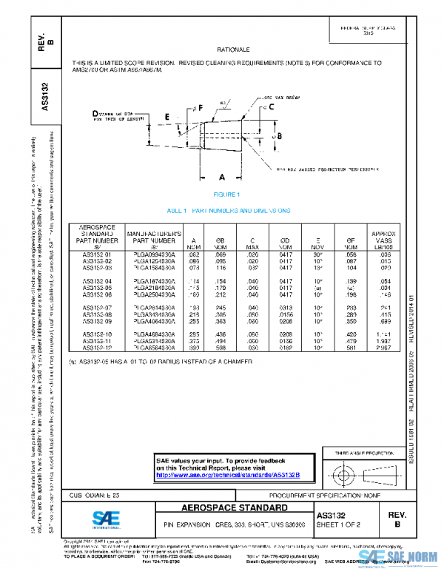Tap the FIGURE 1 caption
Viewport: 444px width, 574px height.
coord(226,195)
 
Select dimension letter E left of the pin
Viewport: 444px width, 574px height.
coord(168,117)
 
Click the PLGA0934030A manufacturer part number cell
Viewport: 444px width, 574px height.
coord(155,254)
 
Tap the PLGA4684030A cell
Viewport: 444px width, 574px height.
coord(155,334)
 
